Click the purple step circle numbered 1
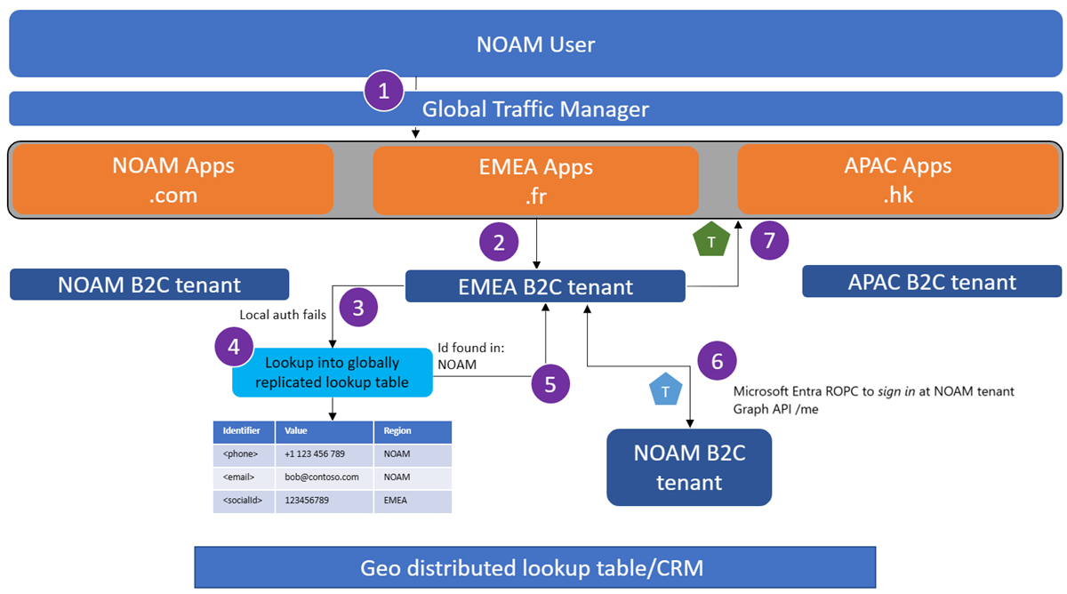click(384, 91)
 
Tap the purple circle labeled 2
click(499, 242)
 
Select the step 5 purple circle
click(550, 384)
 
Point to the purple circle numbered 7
click(770, 240)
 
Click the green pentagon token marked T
click(710, 241)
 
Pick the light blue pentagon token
click(665, 391)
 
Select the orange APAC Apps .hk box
click(898, 180)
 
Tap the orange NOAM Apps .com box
click(173, 180)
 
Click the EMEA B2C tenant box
click(545, 286)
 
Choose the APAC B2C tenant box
click(932, 282)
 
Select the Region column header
click(412, 431)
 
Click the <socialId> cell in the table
click(243, 500)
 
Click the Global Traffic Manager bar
click(535, 109)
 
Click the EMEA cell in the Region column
click(412, 500)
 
